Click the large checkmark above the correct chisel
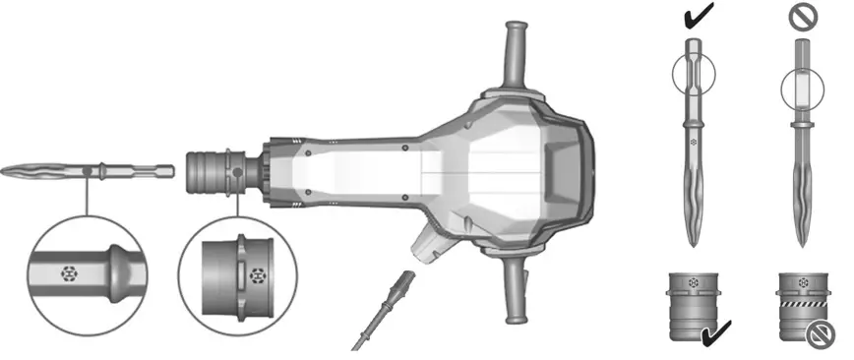click(696, 14)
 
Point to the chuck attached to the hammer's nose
click(211, 174)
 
